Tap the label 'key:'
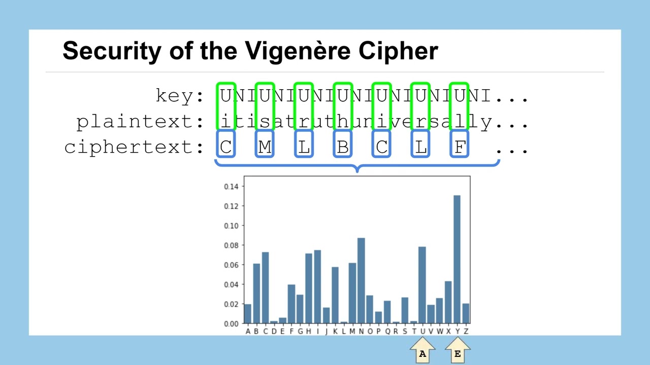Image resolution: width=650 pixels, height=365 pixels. [x=179, y=95]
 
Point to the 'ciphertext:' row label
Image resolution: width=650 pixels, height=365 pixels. [x=134, y=147]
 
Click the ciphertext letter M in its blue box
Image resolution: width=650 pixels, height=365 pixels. [x=265, y=147]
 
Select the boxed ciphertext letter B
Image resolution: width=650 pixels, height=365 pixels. [x=343, y=147]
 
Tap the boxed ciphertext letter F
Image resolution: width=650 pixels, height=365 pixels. [x=460, y=147]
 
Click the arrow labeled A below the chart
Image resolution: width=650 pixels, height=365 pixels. [x=422, y=350]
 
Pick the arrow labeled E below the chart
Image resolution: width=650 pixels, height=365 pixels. [x=458, y=350]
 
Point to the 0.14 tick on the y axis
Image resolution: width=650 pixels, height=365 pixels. [x=231, y=187]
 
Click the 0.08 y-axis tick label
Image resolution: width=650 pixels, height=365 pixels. [x=231, y=245]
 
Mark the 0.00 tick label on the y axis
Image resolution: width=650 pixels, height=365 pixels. [x=231, y=324]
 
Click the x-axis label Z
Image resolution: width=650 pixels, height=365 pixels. [x=466, y=332]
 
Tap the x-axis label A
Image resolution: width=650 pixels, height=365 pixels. [x=248, y=332]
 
